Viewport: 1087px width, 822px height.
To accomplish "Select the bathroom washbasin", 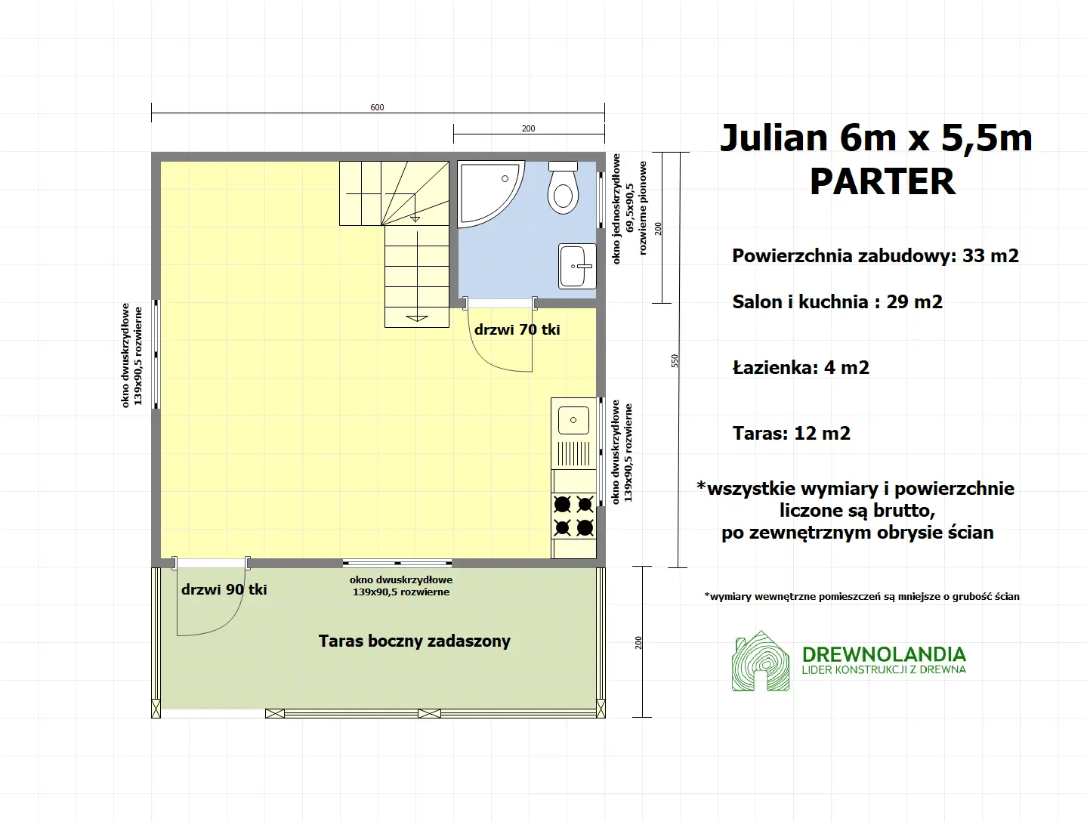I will click(x=577, y=266).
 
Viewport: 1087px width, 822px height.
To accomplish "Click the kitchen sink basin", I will click(x=573, y=420).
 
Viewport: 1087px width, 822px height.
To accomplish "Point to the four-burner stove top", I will click(x=574, y=515).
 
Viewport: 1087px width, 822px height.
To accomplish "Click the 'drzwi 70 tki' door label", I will click(x=517, y=329).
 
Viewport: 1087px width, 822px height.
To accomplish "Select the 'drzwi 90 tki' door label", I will click(x=224, y=589).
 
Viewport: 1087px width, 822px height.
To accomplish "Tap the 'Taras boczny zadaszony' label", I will click(x=415, y=641).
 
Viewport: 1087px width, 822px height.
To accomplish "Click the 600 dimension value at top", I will click(x=377, y=107).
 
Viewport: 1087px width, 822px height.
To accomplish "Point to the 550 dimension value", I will click(x=675, y=361).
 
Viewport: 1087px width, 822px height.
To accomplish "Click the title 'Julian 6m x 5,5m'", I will click(x=876, y=138).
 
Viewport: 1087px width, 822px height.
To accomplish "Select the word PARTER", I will click(x=882, y=181).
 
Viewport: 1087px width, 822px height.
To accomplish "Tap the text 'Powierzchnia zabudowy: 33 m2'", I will click(x=875, y=255).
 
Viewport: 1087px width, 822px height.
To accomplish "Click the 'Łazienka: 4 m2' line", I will click(x=801, y=368).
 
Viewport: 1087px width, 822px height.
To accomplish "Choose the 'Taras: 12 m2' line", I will click(x=792, y=433).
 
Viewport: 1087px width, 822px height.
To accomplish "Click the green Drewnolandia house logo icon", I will click(x=761, y=662).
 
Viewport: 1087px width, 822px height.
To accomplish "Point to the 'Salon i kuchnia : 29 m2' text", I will click(x=837, y=302).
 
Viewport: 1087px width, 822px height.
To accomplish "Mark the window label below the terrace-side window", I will click(x=401, y=586).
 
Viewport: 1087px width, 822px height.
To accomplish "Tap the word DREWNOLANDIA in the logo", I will click(x=884, y=654).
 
